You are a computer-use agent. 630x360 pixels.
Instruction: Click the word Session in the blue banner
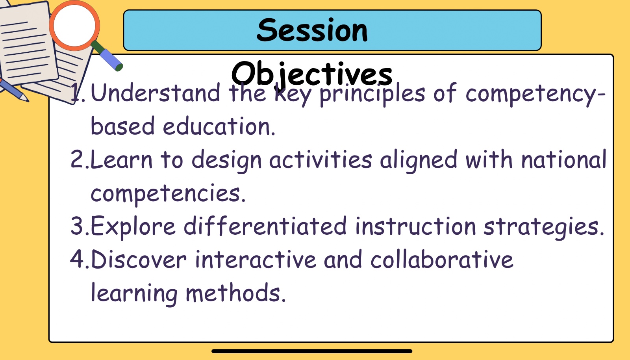click(x=312, y=30)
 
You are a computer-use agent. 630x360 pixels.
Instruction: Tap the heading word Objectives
click(x=311, y=74)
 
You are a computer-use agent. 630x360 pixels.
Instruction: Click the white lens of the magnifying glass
click(x=74, y=25)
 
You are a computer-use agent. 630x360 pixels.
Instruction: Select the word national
click(x=563, y=159)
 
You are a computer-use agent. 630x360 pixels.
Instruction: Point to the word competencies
click(x=168, y=194)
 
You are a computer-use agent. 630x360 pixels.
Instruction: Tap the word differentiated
click(x=265, y=226)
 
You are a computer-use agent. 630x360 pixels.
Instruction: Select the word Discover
click(x=138, y=259)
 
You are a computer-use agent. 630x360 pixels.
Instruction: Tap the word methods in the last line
click(x=236, y=293)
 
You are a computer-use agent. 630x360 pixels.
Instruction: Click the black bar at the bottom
click(x=312, y=351)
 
